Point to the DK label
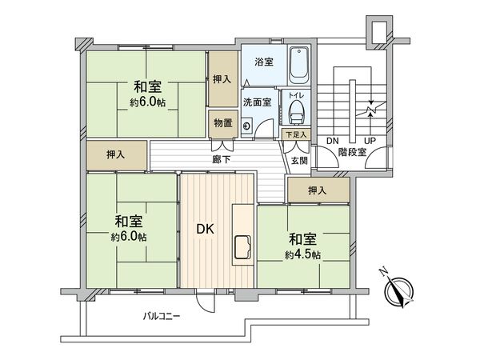point(206,229)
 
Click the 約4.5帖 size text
point(302,255)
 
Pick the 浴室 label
point(263,61)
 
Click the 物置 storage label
point(222,122)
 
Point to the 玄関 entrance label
point(298,160)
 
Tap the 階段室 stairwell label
point(351,151)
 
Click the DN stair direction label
point(332,141)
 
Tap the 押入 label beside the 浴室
point(222,79)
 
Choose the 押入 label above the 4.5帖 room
point(318,190)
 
